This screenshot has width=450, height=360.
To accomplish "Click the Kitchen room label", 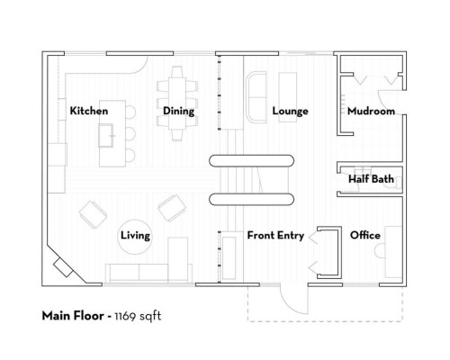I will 89,111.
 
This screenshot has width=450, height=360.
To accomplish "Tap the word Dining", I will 178,111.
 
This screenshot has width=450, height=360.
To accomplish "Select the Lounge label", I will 290,111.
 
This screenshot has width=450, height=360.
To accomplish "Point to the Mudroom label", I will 371,111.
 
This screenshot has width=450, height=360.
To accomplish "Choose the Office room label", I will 364,235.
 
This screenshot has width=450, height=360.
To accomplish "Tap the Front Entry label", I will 274,235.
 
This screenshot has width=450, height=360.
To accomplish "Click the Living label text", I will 135,235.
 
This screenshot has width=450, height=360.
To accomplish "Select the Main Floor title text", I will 75,316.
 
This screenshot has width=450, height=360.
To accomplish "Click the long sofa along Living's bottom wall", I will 149,271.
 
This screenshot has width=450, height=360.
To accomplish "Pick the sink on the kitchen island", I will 109,137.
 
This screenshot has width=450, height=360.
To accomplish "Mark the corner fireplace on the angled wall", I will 62,266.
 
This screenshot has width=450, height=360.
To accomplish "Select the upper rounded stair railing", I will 252,162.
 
